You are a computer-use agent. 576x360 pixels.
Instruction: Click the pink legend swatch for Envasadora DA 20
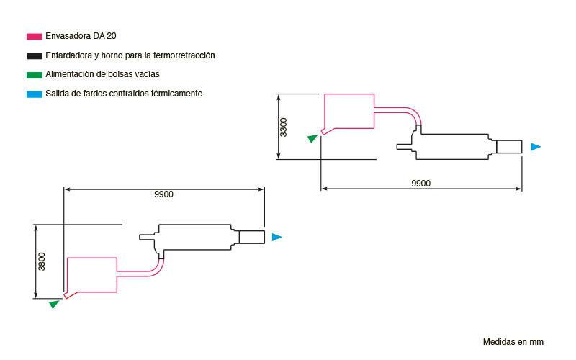coord(34,37)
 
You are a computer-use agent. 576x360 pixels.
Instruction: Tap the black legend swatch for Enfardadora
coord(34,56)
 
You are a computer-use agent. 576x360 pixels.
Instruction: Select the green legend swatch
coord(34,75)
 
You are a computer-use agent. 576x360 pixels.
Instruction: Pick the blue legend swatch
coord(34,94)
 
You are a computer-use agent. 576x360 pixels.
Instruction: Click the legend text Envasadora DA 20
coord(81,36)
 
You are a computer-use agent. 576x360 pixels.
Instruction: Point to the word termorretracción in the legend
coord(184,55)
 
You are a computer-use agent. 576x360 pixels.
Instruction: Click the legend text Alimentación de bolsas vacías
coord(102,74)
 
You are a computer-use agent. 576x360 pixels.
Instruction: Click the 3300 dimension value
coord(284,127)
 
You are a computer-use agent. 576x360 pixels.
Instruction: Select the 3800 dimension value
coord(42,261)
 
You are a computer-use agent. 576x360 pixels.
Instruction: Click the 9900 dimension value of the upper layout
coord(421,184)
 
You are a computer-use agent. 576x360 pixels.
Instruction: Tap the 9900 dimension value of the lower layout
coord(164,194)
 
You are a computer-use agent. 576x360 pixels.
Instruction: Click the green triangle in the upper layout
coord(312,138)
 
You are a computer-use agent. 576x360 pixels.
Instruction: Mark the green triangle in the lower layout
coord(54,304)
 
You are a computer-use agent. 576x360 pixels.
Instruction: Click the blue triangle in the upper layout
coord(536,147)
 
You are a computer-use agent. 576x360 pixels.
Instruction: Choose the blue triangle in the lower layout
coord(276,238)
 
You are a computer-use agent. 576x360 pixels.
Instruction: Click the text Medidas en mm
coord(513,342)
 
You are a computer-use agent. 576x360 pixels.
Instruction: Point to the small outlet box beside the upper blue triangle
coord(509,147)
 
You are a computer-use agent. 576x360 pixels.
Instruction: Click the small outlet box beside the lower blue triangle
coord(251,237)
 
